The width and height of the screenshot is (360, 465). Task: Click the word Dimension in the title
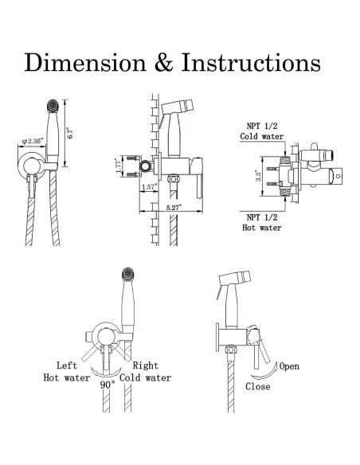coord(85,62)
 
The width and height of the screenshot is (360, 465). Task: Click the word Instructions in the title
coord(251,62)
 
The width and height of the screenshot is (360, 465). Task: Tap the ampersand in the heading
coord(164,62)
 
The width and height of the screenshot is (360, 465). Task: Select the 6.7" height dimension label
coord(70,133)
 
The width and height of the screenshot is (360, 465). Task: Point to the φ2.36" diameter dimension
coord(33,141)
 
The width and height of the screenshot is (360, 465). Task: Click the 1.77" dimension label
coord(119,166)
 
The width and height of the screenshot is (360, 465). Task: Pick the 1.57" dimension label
coord(149,187)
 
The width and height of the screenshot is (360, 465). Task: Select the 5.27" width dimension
coord(173,207)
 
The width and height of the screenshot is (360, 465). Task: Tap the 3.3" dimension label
coord(259,176)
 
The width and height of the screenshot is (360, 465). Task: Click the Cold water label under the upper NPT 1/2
coord(261,136)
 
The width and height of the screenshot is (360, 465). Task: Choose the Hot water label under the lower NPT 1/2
coord(261,228)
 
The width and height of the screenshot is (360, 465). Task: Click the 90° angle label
coord(108,385)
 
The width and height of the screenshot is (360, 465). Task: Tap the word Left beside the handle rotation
coord(67,365)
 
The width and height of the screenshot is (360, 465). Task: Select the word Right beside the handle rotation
coord(145,365)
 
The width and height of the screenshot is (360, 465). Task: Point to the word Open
coord(289,366)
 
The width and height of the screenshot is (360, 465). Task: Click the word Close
coord(258,386)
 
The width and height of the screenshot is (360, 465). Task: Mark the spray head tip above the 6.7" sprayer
coord(53,106)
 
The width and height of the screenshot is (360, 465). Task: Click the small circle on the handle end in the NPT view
coord(338,175)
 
